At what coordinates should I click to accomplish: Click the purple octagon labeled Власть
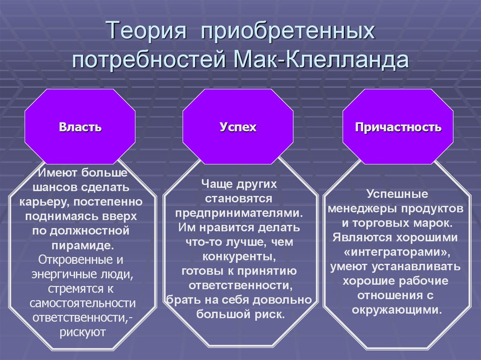coord(80,127)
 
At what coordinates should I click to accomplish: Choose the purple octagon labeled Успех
coord(238,127)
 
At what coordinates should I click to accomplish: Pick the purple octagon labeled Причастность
coord(398,127)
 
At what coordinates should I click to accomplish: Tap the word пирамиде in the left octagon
coord(82,245)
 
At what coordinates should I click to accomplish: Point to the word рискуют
coord(82,332)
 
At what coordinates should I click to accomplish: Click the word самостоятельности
coord(82,303)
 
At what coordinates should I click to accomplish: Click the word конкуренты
coord(238,257)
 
